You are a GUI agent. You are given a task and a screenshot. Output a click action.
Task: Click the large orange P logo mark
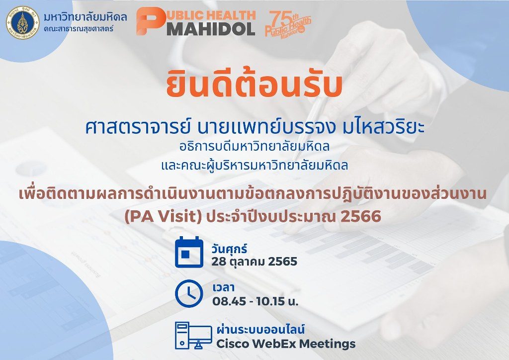pos(150,21)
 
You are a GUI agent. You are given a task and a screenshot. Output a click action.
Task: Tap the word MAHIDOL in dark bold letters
pos(211,28)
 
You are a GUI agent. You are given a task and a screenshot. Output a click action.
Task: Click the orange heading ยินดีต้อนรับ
pos(254,85)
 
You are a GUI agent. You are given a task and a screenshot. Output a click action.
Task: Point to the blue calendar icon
pos(189,252)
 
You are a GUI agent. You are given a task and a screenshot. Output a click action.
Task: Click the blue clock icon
pos(189,293)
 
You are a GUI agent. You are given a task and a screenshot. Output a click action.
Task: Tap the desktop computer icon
pos(193,336)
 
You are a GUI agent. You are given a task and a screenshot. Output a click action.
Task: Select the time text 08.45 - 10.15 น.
pos(255,301)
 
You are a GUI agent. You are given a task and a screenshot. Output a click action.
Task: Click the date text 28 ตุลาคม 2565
pos(254,262)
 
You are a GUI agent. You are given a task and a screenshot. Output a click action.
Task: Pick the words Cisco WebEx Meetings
pos(286,344)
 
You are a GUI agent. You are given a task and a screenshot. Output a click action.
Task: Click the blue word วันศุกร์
pos(229,249)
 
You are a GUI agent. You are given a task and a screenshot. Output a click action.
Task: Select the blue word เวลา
pos(224,287)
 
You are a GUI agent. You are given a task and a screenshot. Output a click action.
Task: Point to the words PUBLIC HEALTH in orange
pos(211,14)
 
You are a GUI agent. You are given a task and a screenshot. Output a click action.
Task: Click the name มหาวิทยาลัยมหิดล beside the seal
pos(85,16)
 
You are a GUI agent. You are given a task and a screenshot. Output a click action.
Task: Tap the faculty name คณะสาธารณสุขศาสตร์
pos(79,28)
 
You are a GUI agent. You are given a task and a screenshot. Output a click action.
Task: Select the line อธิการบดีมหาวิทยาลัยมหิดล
pos(254,146)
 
